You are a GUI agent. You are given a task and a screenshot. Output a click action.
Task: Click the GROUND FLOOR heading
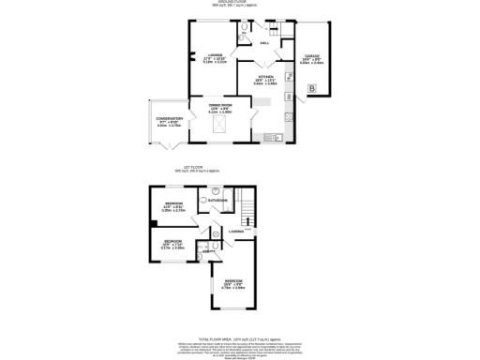point(240,4)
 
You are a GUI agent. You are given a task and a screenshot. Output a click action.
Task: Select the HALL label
point(264,43)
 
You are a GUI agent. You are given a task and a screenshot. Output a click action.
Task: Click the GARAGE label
point(310,56)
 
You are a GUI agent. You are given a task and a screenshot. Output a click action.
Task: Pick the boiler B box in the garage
point(310,88)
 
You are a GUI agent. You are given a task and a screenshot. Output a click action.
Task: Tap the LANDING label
point(236,231)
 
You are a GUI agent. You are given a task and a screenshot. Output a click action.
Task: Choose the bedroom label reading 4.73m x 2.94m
point(234,286)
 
